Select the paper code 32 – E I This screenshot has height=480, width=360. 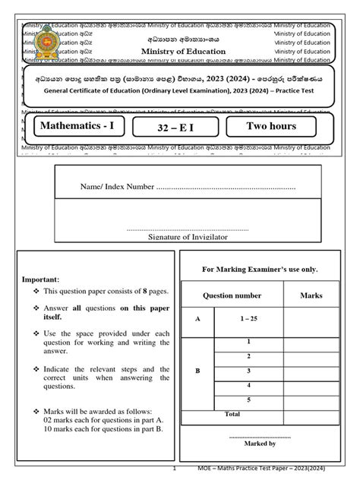click(x=176, y=127)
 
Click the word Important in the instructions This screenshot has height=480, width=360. click(x=35, y=279)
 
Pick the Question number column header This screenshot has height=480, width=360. click(x=232, y=295)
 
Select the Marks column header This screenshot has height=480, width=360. click(x=311, y=295)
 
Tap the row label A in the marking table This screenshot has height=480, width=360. click(x=198, y=320)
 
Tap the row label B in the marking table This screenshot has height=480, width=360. click(x=198, y=371)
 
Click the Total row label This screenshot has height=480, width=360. click(x=232, y=414)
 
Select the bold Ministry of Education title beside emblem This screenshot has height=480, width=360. click(x=184, y=52)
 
